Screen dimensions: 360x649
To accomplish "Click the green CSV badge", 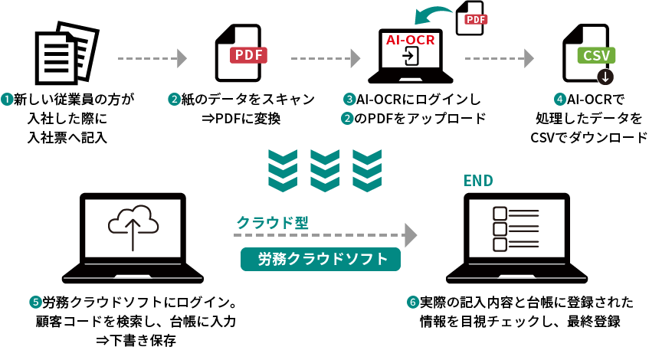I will pyautogui.click(x=596, y=55).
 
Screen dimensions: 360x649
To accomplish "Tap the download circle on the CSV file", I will pyautogui.click(x=606, y=77).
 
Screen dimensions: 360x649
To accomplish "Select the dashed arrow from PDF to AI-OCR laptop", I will pyautogui.click(x=325, y=58).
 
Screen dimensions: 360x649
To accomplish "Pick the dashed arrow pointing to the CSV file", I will pyautogui.click(x=499, y=58).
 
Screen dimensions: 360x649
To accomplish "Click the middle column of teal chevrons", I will pyautogui.click(x=325, y=170).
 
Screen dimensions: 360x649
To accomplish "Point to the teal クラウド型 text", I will pyautogui.click(x=273, y=223).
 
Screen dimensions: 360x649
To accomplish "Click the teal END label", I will pyautogui.click(x=479, y=181).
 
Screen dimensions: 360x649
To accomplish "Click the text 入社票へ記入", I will pyautogui.click(x=67, y=138).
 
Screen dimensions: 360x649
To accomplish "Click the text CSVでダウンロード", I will pyautogui.click(x=588, y=138).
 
